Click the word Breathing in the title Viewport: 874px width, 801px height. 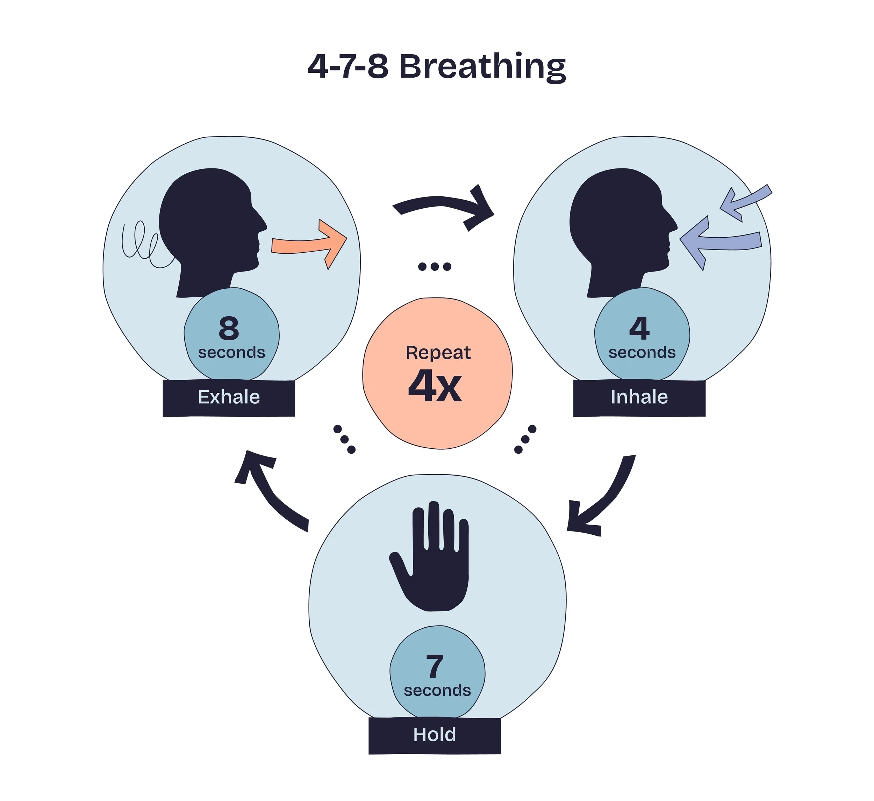click(482, 67)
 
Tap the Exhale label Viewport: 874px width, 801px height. click(229, 397)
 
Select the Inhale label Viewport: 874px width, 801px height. click(639, 397)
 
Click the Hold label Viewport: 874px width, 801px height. click(435, 735)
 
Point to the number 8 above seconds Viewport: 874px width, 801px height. click(229, 328)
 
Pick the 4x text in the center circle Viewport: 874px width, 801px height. click(435, 386)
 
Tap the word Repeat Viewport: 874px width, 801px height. click(438, 353)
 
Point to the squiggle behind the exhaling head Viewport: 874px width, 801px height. click(143, 245)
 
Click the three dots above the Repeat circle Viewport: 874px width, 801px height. click(435, 267)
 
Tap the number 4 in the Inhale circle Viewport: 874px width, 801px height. click(639, 328)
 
